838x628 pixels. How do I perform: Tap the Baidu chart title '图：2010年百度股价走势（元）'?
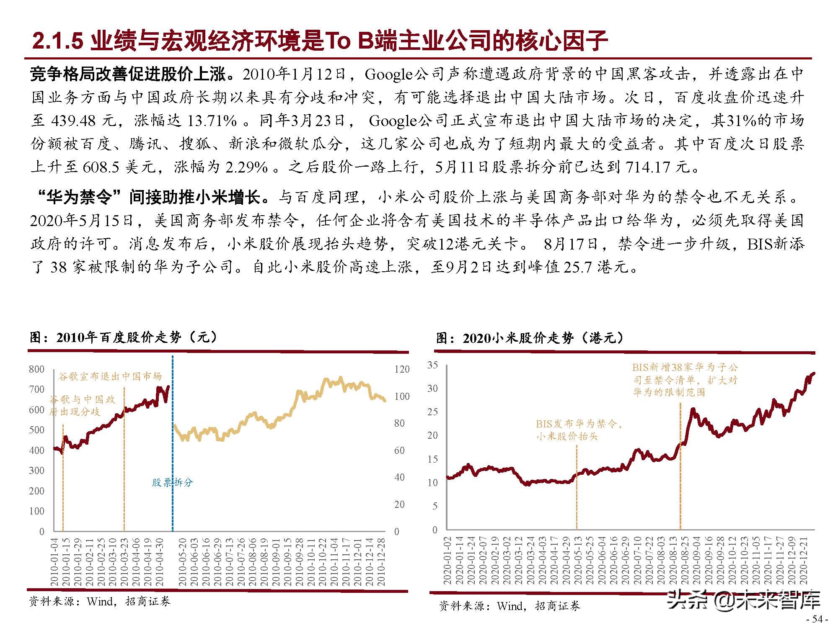(x=124, y=337)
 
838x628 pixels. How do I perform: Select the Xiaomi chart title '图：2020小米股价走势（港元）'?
(x=530, y=338)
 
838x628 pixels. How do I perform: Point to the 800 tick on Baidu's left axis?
(x=36, y=369)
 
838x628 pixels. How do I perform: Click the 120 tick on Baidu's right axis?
(x=401, y=369)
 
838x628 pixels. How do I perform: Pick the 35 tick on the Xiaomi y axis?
(x=432, y=365)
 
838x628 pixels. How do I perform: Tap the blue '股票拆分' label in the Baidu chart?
(x=172, y=482)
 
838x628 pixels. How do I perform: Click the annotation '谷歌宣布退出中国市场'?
(x=110, y=376)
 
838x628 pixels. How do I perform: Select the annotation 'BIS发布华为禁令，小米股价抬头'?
(x=578, y=430)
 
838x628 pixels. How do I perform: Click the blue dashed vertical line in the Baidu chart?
(x=173, y=419)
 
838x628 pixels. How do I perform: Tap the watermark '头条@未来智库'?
(x=743, y=600)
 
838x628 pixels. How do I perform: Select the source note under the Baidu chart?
(x=100, y=602)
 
